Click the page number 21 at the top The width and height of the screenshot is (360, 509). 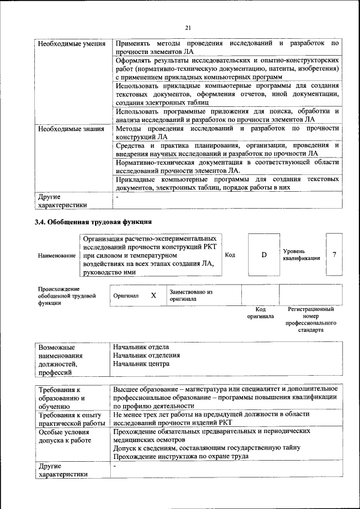[x=188, y=28]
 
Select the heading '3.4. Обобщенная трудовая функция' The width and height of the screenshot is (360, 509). [x=93, y=222]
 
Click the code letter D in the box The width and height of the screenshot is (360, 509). [x=264, y=255]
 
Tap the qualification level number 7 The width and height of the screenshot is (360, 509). [x=334, y=255]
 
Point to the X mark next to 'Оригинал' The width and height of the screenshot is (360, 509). [x=153, y=295]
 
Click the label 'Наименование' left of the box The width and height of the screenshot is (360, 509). [x=57, y=256]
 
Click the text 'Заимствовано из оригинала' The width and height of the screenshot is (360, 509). [x=191, y=296]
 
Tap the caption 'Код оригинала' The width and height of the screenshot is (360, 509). [x=260, y=313]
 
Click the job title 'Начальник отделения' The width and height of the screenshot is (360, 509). [x=146, y=355]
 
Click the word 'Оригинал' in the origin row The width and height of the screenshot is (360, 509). [x=125, y=295]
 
